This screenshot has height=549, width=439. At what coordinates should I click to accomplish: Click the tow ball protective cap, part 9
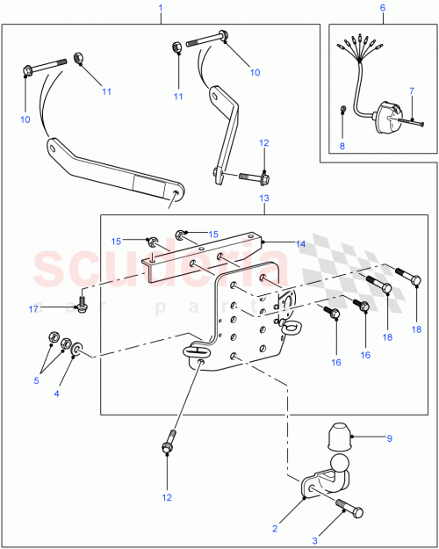(338, 436)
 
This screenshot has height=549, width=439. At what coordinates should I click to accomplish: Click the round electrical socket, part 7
(385, 119)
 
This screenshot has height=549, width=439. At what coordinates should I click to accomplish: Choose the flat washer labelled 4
(82, 350)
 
